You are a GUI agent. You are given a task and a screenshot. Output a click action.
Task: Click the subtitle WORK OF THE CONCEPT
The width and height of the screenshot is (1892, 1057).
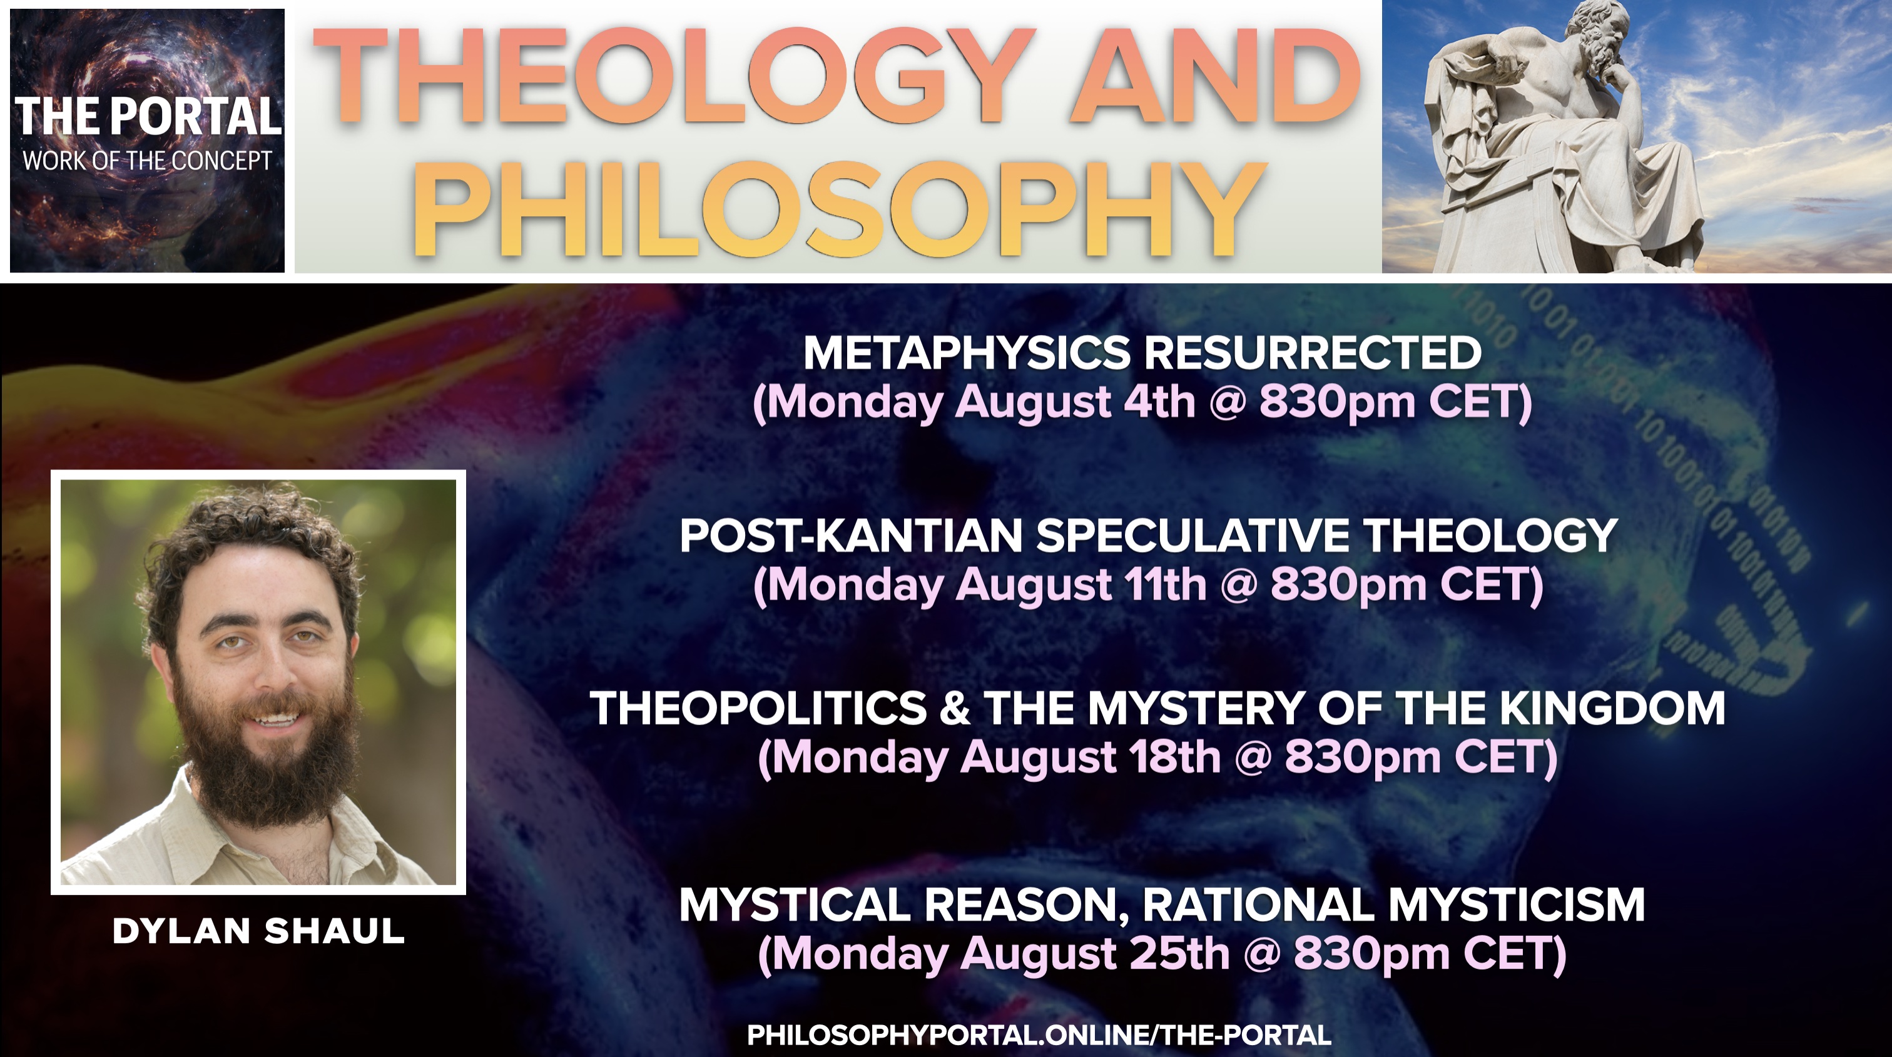click(x=148, y=161)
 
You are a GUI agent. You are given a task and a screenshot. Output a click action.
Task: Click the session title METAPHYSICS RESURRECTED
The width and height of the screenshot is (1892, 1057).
click(x=1142, y=353)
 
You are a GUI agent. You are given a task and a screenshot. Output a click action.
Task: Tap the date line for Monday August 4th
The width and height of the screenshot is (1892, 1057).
click(x=1142, y=403)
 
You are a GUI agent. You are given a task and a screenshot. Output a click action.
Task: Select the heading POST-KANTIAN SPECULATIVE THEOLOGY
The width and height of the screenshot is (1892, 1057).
click(x=1149, y=535)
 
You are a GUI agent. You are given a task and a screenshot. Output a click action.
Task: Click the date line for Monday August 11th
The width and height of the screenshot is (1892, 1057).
click(x=1149, y=585)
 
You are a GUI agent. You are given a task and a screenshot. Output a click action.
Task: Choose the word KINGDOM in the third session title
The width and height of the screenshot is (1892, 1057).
click(x=1612, y=708)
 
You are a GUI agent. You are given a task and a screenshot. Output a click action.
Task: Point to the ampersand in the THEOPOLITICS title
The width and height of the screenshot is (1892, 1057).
click(x=955, y=708)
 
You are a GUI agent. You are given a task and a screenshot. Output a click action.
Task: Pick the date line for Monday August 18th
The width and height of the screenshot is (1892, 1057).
click(x=1157, y=758)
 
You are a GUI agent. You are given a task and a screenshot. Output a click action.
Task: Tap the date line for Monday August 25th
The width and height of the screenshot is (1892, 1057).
click(x=1162, y=953)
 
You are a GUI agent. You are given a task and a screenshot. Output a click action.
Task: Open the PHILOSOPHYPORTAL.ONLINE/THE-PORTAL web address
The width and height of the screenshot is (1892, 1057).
click(x=1039, y=1035)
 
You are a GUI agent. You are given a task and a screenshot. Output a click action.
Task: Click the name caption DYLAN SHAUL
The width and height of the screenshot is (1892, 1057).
click(x=258, y=931)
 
